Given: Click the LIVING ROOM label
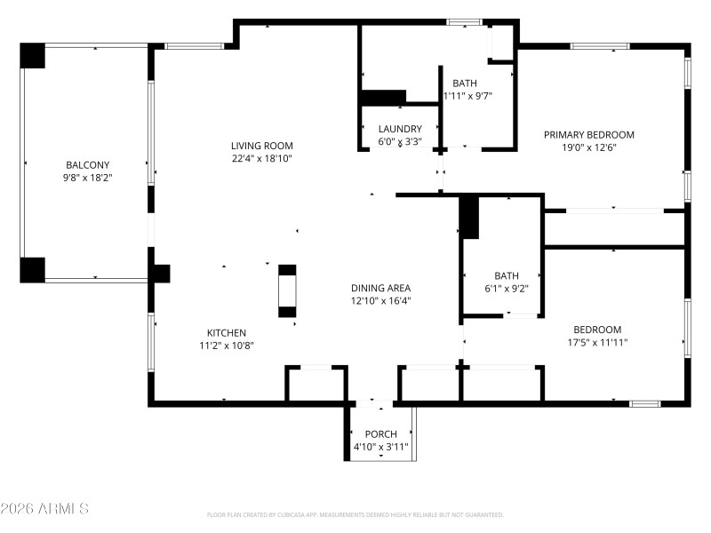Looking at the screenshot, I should tap(261, 146).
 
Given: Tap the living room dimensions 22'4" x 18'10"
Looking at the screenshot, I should tap(261, 158).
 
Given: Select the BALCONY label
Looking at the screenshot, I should tap(87, 164).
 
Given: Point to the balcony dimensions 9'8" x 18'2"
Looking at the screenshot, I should tap(87, 177).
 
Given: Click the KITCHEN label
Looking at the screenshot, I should tap(226, 333).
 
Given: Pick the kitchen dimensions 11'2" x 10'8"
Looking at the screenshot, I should tap(226, 346).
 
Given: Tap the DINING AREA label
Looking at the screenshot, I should tap(380, 288).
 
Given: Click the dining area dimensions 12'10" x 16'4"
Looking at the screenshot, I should tap(380, 300).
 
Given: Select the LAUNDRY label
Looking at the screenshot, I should tap(399, 129).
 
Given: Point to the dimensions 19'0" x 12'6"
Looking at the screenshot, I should tap(589, 147).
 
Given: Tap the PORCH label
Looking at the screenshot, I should tap(380, 434).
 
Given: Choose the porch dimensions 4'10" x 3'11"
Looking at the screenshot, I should tap(380, 447).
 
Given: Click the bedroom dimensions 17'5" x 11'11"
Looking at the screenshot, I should tap(597, 341).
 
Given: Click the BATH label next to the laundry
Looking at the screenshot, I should tap(464, 84).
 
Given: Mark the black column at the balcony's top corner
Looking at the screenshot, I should tap(33, 55).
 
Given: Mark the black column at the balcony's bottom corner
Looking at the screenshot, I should tap(33, 269).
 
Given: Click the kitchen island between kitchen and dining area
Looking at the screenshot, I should tap(287, 290).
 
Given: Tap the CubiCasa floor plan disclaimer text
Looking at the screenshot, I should tap(355, 514).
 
